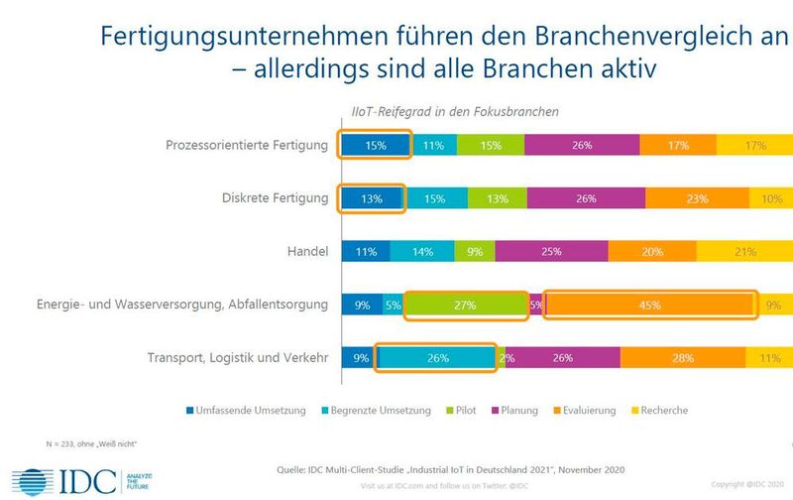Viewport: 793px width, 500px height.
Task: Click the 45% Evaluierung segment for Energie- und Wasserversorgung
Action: tap(650, 306)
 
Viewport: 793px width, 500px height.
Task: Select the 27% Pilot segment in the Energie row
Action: tap(466, 306)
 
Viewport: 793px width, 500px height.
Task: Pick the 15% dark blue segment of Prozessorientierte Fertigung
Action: tap(374, 146)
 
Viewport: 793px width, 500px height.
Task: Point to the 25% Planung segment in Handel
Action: tap(552, 252)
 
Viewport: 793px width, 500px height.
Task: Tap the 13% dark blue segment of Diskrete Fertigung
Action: tap(372, 198)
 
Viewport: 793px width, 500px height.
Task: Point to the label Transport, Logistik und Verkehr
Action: tap(237, 358)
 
